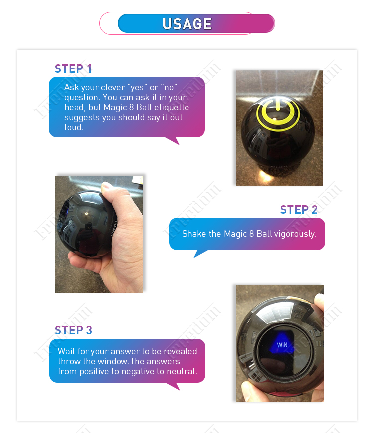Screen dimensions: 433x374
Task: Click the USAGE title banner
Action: [187, 23]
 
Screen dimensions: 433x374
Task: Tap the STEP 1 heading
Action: [73, 69]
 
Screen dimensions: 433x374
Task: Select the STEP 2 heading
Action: [299, 210]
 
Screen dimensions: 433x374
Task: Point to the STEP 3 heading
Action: [73, 330]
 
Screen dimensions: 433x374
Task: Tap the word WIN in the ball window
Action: [282, 345]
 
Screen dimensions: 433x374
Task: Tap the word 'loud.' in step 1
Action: [74, 127]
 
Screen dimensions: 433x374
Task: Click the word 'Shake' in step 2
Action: [193, 234]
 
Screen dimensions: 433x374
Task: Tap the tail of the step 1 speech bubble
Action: [173, 140]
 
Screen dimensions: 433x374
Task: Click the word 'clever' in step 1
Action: [114, 87]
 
